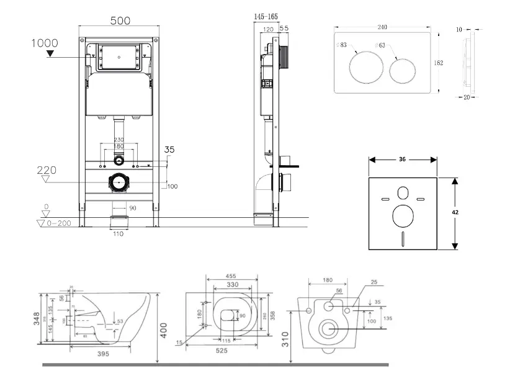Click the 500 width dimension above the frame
pos(120,20)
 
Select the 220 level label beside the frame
pos(47,169)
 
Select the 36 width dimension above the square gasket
pos(402,160)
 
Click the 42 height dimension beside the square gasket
pos(455,212)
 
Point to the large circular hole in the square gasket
pos(404,217)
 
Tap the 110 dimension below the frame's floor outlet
pos(118,233)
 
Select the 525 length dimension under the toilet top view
pos(221,351)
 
